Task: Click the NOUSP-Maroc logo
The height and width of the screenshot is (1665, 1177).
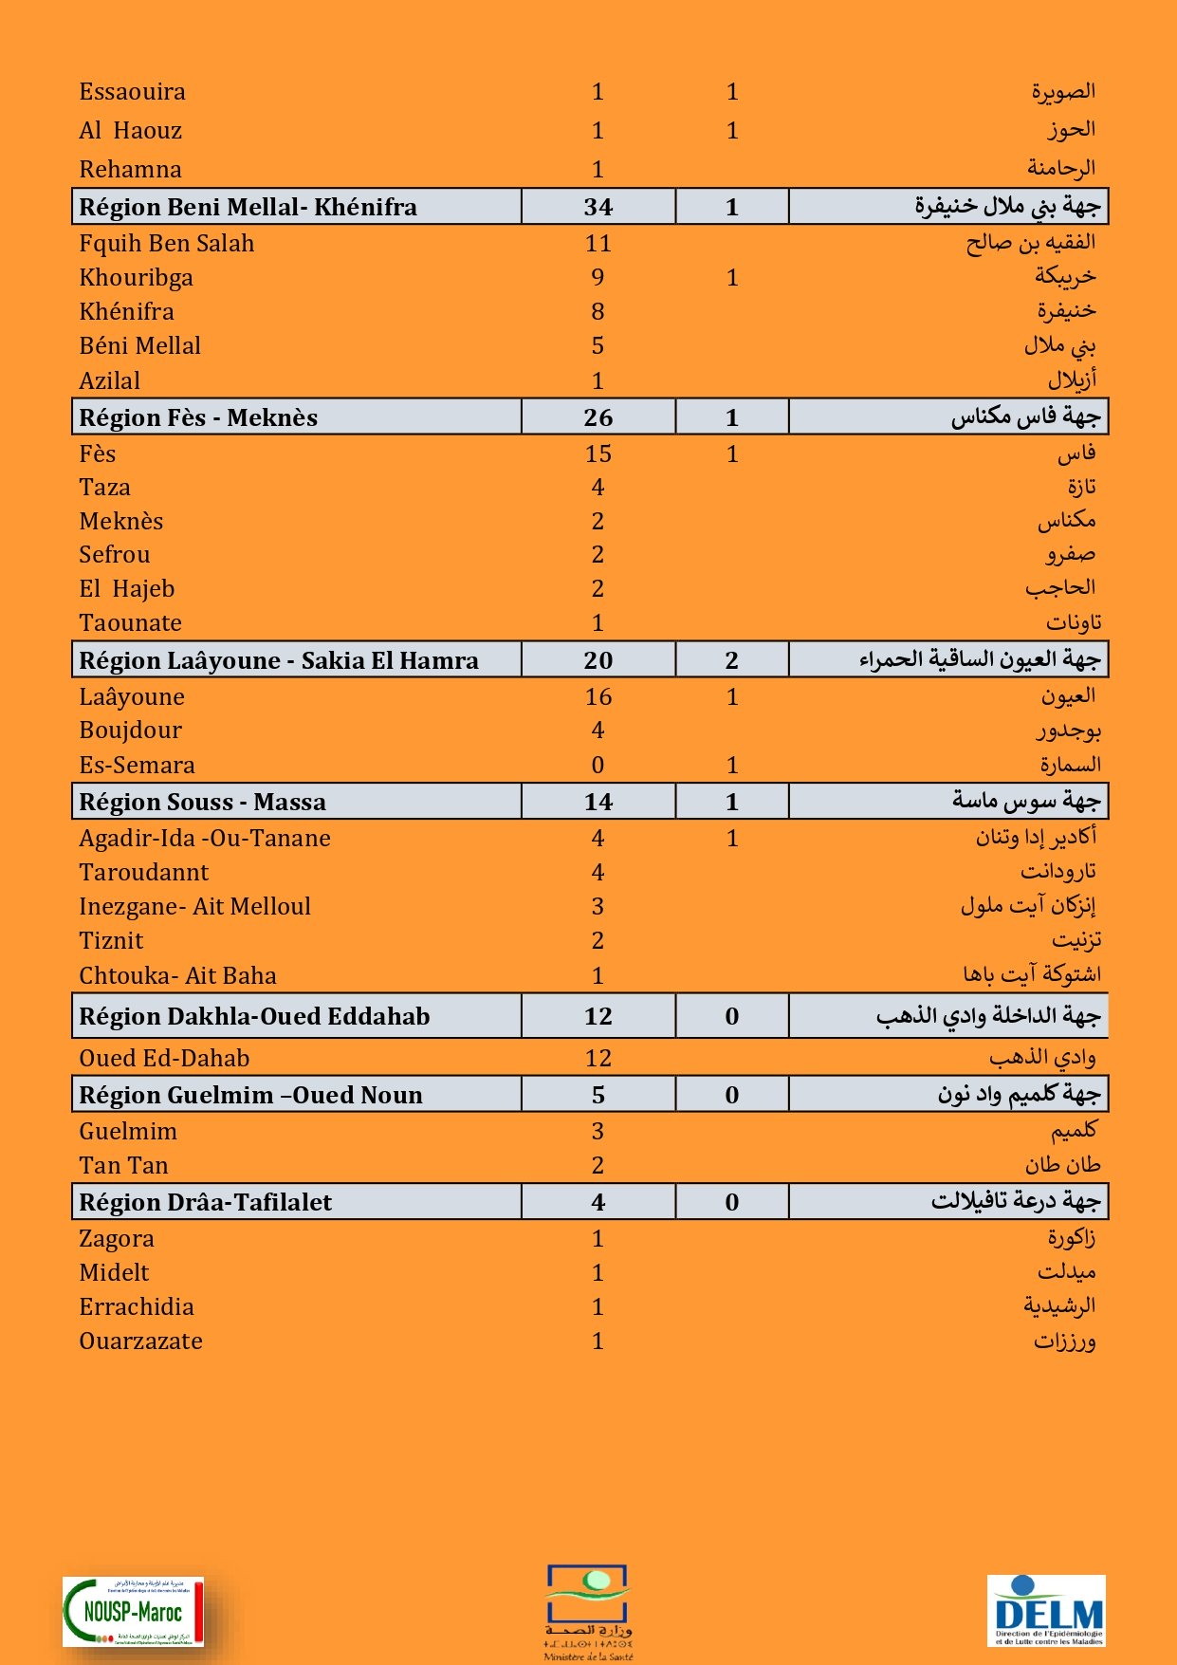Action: pyautogui.click(x=133, y=1611)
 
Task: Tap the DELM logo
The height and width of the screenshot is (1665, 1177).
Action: pyautogui.click(x=1046, y=1611)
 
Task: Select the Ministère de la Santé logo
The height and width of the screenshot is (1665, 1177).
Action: pyautogui.click(x=588, y=1612)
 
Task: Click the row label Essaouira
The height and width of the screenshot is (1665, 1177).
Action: pyautogui.click(x=132, y=92)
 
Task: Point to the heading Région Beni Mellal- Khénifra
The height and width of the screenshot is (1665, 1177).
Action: pyautogui.click(x=248, y=207)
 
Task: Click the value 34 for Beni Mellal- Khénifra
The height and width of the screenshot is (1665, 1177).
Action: pyautogui.click(x=598, y=207)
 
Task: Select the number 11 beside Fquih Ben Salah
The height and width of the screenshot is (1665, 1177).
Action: pyautogui.click(x=598, y=244)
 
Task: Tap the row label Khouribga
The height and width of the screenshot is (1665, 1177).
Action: pyautogui.click(x=136, y=278)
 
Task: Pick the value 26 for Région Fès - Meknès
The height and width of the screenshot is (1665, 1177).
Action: pyautogui.click(x=598, y=417)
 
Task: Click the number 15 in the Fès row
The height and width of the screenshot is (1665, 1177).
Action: pyautogui.click(x=598, y=454)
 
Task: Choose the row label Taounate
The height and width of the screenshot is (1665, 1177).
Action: pyautogui.click(x=130, y=623)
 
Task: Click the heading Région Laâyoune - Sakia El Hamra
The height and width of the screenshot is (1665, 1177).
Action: pyautogui.click(x=279, y=660)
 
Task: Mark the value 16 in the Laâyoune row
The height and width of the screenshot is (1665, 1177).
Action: pyautogui.click(x=598, y=697)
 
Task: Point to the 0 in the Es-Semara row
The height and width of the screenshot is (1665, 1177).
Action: pyautogui.click(x=598, y=766)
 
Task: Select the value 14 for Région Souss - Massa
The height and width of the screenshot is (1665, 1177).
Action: pyautogui.click(x=598, y=803)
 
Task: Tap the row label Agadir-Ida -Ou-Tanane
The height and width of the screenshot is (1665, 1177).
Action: pyautogui.click(x=205, y=839)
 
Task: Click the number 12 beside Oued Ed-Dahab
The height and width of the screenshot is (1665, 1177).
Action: pyautogui.click(x=598, y=1059)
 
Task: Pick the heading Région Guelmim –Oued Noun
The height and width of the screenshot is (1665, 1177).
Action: pyautogui.click(x=250, y=1096)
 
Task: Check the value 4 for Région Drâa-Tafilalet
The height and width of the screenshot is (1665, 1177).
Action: pyautogui.click(x=598, y=1203)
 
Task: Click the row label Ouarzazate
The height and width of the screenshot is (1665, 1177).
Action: pyautogui.click(x=140, y=1341)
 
